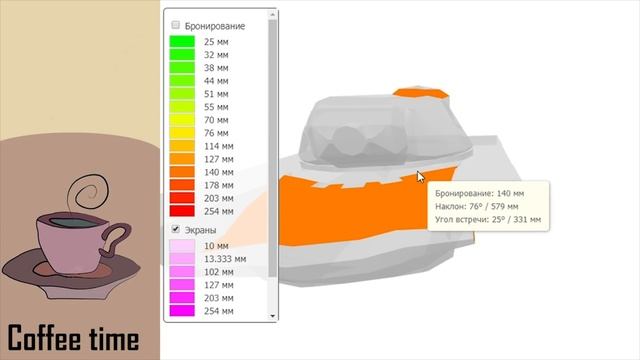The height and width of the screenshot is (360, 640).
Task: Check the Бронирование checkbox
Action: [x=176, y=25]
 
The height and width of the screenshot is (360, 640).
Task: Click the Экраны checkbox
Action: [x=176, y=229]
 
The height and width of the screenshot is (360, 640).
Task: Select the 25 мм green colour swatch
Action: [x=182, y=42]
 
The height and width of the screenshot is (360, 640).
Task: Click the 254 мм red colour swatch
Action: [x=182, y=211]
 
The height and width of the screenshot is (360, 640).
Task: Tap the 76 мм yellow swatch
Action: [x=182, y=133]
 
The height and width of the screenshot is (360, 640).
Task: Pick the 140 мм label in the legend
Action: [x=219, y=172]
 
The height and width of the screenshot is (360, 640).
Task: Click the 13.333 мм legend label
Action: [x=225, y=259]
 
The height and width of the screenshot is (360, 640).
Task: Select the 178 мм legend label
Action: [x=219, y=185]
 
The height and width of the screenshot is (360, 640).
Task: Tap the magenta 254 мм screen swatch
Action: [x=182, y=311]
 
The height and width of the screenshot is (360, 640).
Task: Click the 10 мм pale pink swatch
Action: [x=182, y=246]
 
